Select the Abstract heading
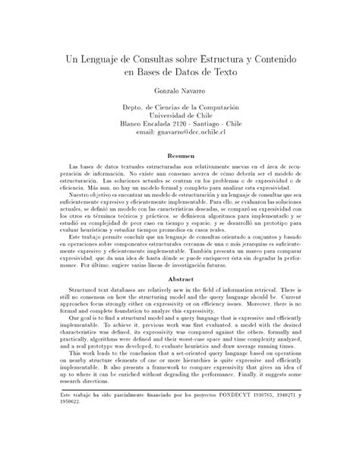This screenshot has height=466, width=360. (x=179, y=279)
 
